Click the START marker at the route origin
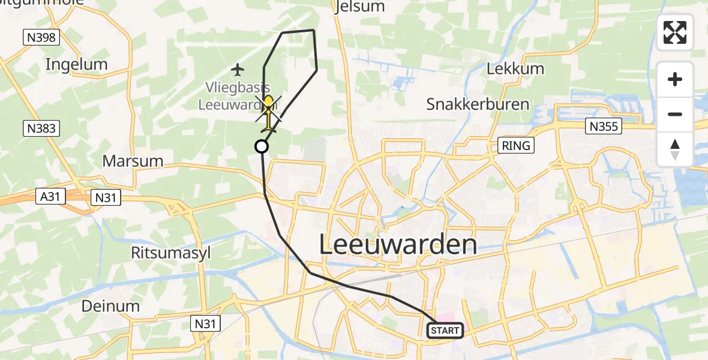[x=445, y=331]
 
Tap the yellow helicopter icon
[x=269, y=112]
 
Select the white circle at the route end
[x=262, y=146]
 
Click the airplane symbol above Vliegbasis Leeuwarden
[x=238, y=70]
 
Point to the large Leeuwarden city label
[x=398, y=245]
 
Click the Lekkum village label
[x=515, y=68]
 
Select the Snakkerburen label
[x=478, y=104]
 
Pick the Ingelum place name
[x=76, y=64]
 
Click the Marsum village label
[x=133, y=161]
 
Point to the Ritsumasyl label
[x=171, y=253]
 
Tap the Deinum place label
[x=111, y=306]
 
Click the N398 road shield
[x=41, y=38]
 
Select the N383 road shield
[x=41, y=128]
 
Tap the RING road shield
[x=517, y=146]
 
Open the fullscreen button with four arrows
[x=675, y=32]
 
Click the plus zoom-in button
[x=675, y=79]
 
